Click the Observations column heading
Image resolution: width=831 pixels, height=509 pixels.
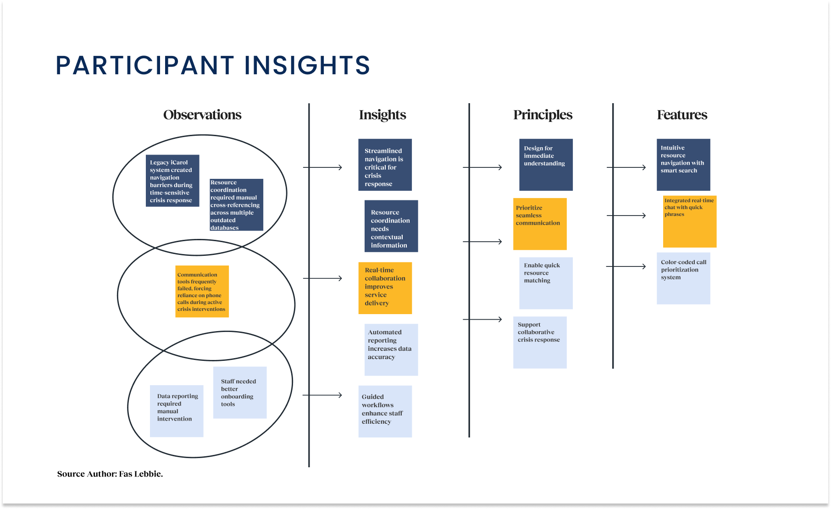[x=202, y=115]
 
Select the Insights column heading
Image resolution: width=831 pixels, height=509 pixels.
[x=382, y=115]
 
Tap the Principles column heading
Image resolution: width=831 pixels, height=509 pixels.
[x=543, y=115]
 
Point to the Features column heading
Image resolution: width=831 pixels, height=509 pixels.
[x=682, y=115]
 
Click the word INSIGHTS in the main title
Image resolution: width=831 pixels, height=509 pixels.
[x=307, y=66]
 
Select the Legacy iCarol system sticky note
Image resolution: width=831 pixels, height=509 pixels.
[x=172, y=181]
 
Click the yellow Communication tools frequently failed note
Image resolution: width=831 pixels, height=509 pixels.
[x=202, y=291]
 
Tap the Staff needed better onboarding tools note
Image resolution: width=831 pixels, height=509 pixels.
[x=240, y=392]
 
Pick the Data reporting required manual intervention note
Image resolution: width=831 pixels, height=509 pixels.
[x=177, y=411]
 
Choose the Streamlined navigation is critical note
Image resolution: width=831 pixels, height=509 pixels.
[x=385, y=165]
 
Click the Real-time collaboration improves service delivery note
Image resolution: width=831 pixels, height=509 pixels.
[x=385, y=288]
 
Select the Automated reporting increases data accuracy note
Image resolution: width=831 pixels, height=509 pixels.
[x=391, y=349]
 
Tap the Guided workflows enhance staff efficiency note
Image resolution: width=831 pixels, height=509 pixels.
[x=385, y=411]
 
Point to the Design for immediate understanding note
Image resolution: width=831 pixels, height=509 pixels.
[x=546, y=165]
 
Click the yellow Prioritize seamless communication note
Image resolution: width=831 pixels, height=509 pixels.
[x=540, y=224]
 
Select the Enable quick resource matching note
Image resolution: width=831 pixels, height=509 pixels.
[x=546, y=283]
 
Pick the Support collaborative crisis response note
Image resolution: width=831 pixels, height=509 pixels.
[x=540, y=342]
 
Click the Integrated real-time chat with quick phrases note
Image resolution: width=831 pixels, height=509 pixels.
[x=690, y=221]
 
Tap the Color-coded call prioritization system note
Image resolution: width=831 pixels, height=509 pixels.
[x=683, y=278]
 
